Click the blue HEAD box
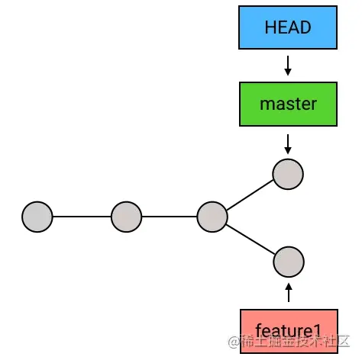coord(288,27)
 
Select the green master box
coord(288,103)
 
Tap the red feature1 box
coord(288,330)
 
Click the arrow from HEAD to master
coord(288,65)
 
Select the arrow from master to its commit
coord(288,142)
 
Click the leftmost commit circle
coord(37,217)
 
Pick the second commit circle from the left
coord(127,217)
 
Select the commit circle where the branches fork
coord(212,217)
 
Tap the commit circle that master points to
coord(288,173)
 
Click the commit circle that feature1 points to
coord(288,262)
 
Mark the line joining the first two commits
coord(82,217)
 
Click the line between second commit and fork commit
coord(170,217)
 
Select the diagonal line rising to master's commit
coord(250,194)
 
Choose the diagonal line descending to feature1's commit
coord(250,239)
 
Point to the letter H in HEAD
coord(270,27)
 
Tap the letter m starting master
coord(266,104)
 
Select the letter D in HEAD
coord(306,27)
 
